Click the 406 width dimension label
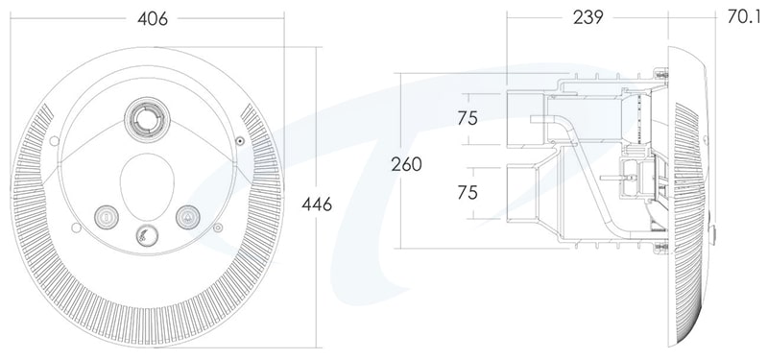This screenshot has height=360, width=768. (x=153, y=18)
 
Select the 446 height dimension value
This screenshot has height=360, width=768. (x=317, y=204)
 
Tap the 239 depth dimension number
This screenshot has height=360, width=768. (x=588, y=17)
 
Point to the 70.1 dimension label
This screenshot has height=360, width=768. (x=743, y=16)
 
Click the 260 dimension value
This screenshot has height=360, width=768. (x=406, y=164)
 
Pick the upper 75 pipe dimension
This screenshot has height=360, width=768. (x=468, y=118)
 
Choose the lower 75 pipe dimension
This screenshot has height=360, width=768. (x=468, y=193)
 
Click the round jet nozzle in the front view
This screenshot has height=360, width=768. (x=148, y=120)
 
